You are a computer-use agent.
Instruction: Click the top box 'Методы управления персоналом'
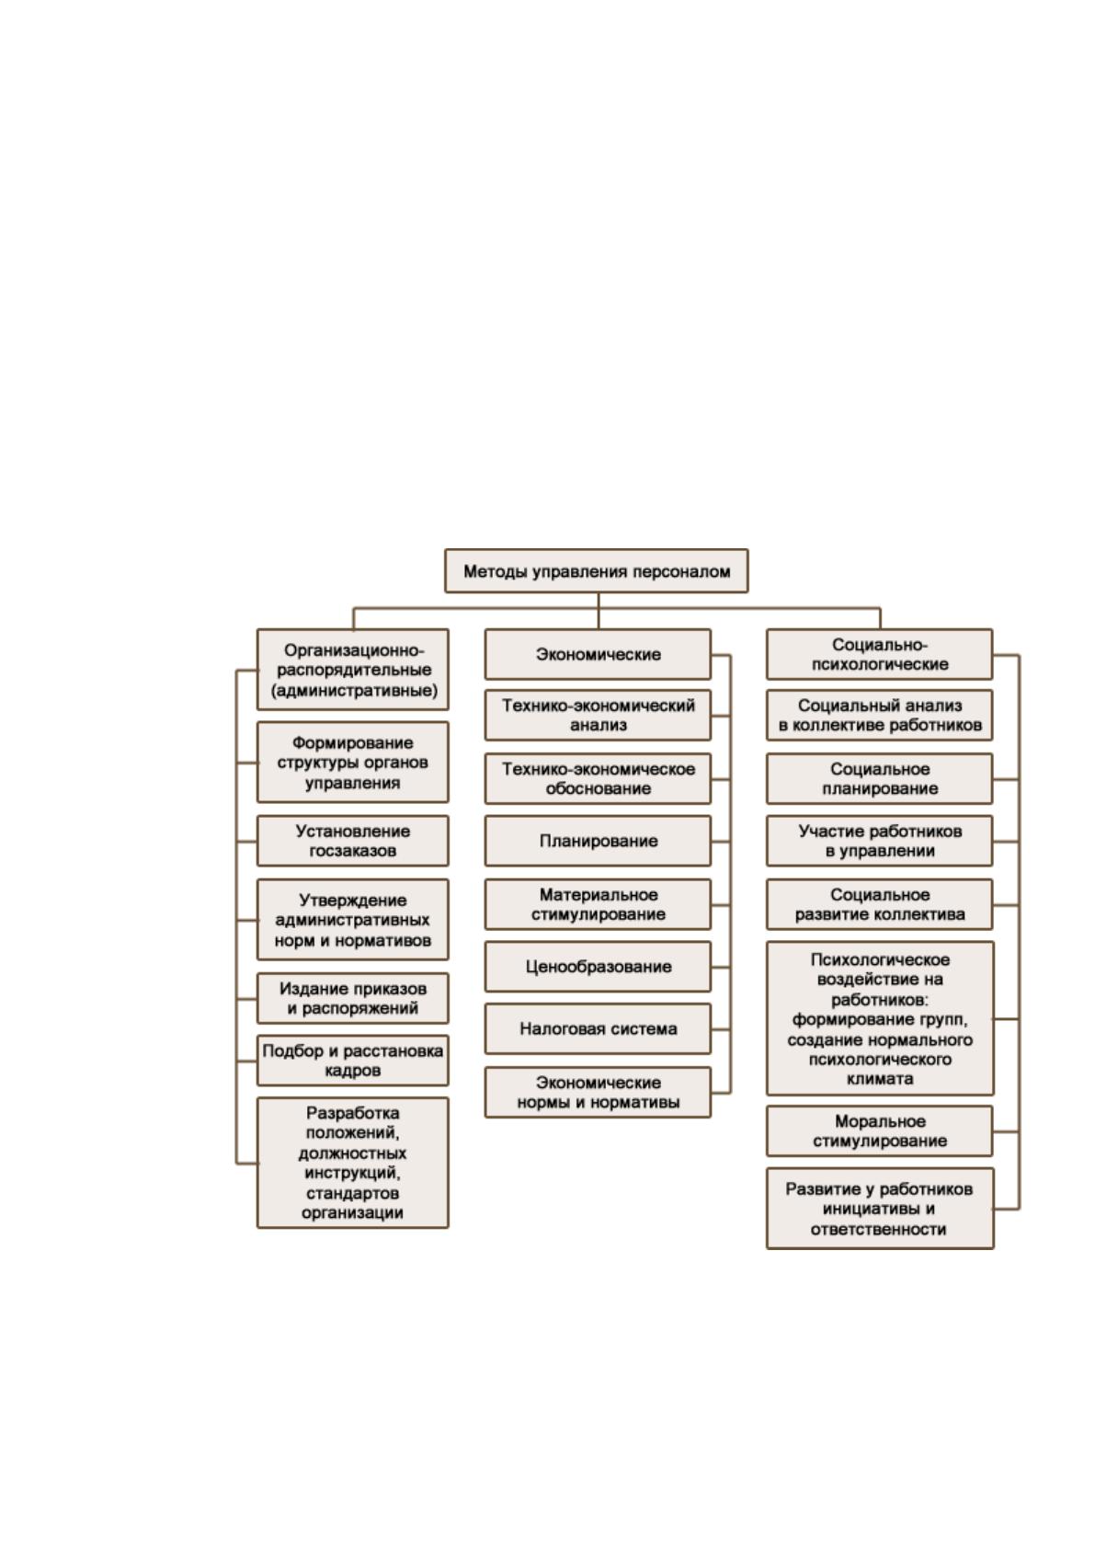(x=596, y=571)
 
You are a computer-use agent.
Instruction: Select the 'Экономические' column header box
(x=598, y=654)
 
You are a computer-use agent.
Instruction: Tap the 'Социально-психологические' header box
(x=879, y=654)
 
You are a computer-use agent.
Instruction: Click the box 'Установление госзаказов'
(x=352, y=841)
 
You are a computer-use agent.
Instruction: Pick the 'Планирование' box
(x=598, y=841)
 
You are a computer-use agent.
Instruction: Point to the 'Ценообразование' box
(x=598, y=967)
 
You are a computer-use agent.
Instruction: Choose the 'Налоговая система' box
(x=598, y=1029)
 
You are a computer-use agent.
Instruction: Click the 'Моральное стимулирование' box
(x=879, y=1131)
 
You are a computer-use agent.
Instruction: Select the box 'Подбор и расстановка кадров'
(x=352, y=1061)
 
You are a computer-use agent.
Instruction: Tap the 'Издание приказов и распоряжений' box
(x=352, y=999)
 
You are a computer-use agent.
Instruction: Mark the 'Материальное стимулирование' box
(x=598, y=904)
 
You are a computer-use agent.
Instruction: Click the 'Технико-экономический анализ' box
(x=598, y=715)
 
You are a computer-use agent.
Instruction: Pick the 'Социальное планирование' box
(x=879, y=779)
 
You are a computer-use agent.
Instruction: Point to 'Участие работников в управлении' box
(x=879, y=841)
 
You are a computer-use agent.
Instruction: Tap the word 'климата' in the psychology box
(x=879, y=1079)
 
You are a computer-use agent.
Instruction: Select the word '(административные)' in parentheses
(x=354, y=690)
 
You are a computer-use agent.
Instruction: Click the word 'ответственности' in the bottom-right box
(x=878, y=1230)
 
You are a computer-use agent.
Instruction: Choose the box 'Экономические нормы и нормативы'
(x=598, y=1093)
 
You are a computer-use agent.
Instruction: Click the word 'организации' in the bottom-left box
(x=352, y=1213)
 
